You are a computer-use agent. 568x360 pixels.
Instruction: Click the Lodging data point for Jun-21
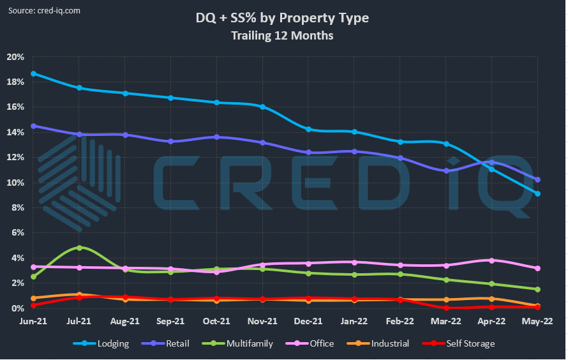(33, 73)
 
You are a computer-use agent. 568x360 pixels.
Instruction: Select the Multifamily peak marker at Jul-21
(79, 248)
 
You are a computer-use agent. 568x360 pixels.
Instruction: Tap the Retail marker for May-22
(538, 180)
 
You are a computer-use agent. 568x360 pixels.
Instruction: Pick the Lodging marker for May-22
(538, 193)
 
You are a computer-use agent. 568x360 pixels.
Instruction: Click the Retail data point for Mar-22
(446, 171)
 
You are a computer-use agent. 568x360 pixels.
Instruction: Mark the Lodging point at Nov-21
(262, 107)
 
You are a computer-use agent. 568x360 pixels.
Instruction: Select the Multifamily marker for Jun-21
(33, 276)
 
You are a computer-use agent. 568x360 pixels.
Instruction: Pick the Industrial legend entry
(381, 343)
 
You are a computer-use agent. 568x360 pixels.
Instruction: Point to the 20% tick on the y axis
(16, 57)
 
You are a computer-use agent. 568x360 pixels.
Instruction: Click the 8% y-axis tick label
(18, 207)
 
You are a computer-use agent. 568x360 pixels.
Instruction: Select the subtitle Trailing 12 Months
(282, 36)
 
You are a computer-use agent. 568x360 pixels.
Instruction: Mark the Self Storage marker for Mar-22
(446, 308)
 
